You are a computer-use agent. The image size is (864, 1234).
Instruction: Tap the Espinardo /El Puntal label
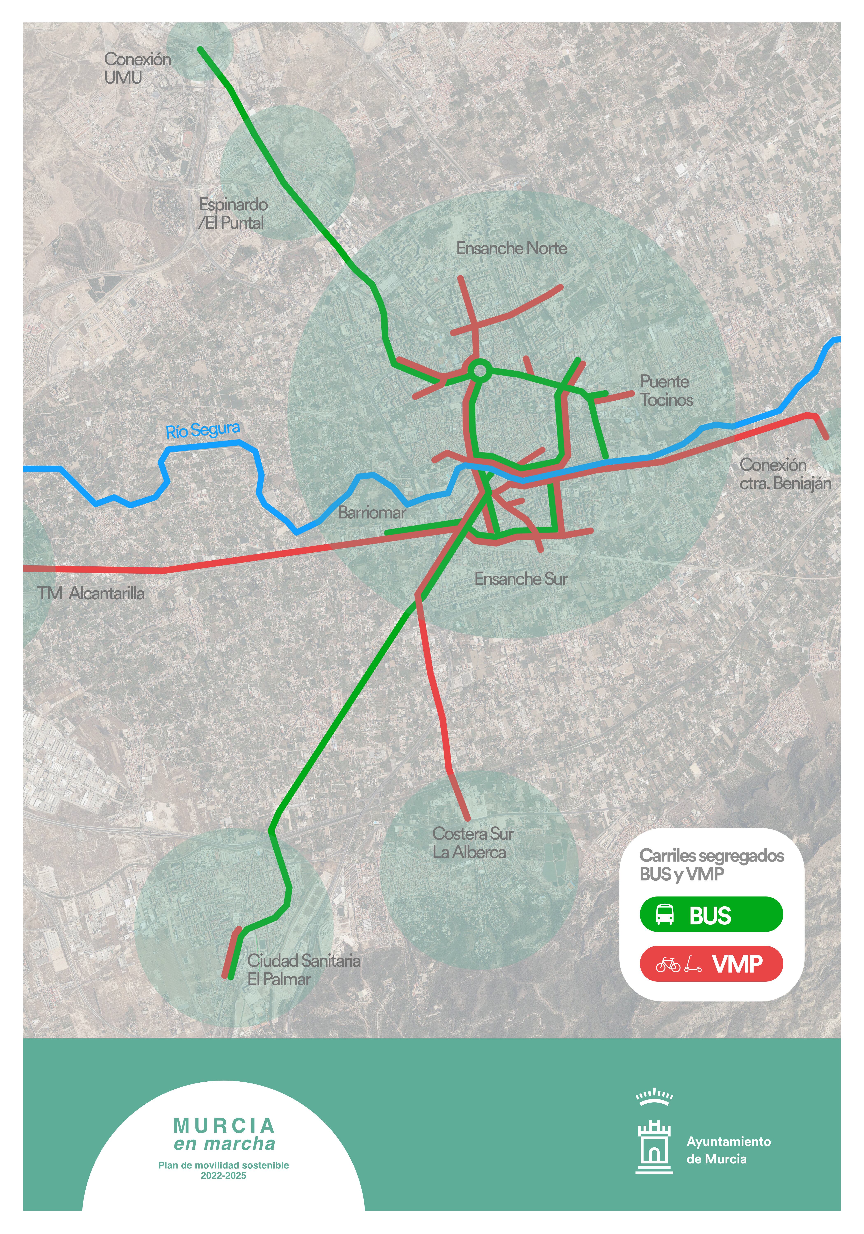click(x=233, y=213)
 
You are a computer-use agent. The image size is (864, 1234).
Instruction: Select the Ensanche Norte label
click(x=511, y=248)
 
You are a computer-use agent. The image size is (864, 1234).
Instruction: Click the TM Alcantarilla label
click(x=91, y=593)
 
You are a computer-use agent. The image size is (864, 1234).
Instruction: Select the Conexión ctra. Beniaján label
click(x=785, y=474)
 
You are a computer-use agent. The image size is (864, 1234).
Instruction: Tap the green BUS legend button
click(x=711, y=914)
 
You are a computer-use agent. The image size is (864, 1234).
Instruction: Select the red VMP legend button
click(x=711, y=964)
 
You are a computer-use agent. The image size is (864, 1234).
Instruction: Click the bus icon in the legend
click(x=664, y=914)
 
